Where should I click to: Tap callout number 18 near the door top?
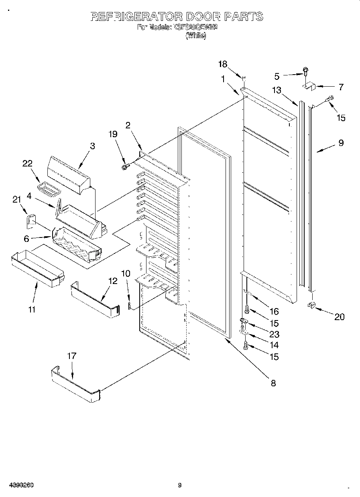(x=222, y=64)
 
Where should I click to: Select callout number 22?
(x=27, y=163)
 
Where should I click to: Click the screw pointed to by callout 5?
(x=305, y=73)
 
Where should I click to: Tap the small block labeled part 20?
(x=311, y=306)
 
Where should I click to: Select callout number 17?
(x=72, y=356)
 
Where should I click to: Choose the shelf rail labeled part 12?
(x=95, y=299)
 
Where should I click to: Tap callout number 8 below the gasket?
(x=273, y=383)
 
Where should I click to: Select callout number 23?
(x=275, y=334)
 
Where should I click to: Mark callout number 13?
(x=277, y=90)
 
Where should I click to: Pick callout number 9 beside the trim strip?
(x=341, y=142)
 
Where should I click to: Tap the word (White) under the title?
(x=196, y=36)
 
